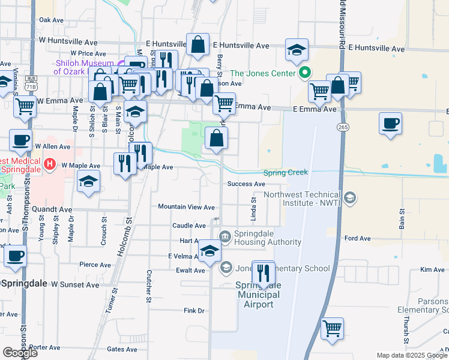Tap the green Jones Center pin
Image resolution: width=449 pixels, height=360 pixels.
[304, 73]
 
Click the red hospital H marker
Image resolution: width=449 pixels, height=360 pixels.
[50, 164]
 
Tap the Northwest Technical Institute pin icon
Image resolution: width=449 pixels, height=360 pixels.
[350, 197]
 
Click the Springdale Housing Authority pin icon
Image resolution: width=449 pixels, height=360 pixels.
[225, 237]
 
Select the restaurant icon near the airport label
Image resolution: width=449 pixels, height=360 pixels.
[264, 274]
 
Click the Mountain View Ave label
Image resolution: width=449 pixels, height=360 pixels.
[186, 207]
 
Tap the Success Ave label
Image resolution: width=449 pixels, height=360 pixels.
[246, 184]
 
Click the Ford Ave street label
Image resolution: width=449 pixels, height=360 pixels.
[358, 238]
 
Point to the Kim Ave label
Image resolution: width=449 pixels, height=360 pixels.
[432, 270]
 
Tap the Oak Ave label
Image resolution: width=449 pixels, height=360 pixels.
[51, 20]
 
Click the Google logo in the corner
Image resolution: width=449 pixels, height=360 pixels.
[20, 353]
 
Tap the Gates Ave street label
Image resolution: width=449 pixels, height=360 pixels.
[122, 349]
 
